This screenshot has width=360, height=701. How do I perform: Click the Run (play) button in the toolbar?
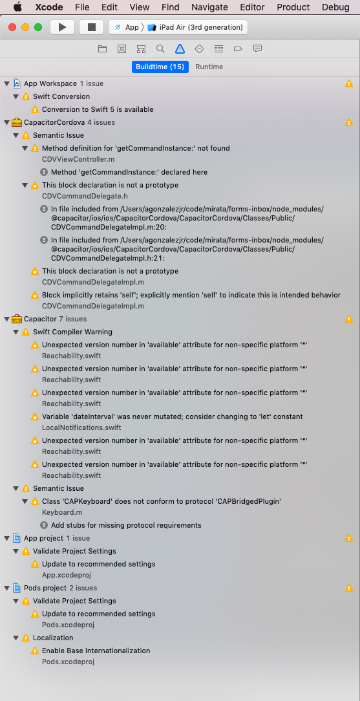(62, 27)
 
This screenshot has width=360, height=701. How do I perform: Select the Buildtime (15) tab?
(160, 67)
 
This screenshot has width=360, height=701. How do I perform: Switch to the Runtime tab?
(209, 67)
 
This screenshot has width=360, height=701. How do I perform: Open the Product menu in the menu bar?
(293, 7)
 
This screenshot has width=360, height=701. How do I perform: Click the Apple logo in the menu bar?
(17, 7)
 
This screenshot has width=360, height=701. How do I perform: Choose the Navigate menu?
(209, 7)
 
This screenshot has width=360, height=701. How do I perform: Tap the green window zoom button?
(38, 27)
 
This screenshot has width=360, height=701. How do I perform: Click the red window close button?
(12, 27)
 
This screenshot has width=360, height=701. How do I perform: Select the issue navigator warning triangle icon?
(180, 49)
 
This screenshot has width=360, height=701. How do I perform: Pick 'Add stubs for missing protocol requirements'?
(126, 525)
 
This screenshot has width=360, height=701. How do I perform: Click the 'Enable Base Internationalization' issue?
(96, 651)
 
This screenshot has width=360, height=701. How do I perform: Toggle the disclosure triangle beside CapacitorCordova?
(7, 122)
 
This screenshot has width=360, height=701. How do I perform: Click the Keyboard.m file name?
(62, 512)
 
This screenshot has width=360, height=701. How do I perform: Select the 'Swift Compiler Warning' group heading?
(72, 332)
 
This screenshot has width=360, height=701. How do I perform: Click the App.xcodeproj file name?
(67, 575)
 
